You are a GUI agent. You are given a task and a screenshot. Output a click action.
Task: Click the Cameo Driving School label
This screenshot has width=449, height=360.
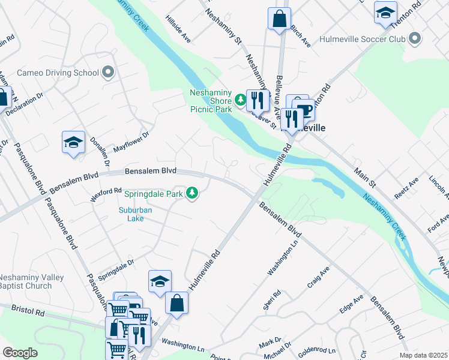point(58,73)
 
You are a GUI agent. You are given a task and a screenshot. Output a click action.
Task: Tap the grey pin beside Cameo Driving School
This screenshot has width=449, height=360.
point(108,73)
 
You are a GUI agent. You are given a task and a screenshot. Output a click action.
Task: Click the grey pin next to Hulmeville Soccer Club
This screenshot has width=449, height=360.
point(414,39)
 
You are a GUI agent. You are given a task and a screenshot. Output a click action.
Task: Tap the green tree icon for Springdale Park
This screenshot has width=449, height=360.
point(192,193)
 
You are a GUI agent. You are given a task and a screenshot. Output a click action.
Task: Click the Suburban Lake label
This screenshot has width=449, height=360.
point(135,215)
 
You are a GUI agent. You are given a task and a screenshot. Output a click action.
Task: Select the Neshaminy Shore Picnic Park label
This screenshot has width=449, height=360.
point(210,101)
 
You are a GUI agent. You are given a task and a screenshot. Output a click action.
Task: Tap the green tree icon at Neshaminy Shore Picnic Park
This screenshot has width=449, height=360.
point(240,100)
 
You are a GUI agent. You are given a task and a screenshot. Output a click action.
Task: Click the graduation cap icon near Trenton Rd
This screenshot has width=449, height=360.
point(385,12)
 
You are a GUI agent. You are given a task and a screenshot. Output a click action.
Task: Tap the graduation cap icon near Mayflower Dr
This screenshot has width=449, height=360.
point(73,143)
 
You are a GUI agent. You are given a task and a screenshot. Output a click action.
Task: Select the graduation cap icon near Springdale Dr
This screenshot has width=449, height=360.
point(160,281)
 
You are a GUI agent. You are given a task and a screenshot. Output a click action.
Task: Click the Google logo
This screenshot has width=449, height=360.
point(20,353)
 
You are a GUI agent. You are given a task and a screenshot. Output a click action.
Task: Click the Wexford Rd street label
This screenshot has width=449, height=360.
point(108,194)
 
